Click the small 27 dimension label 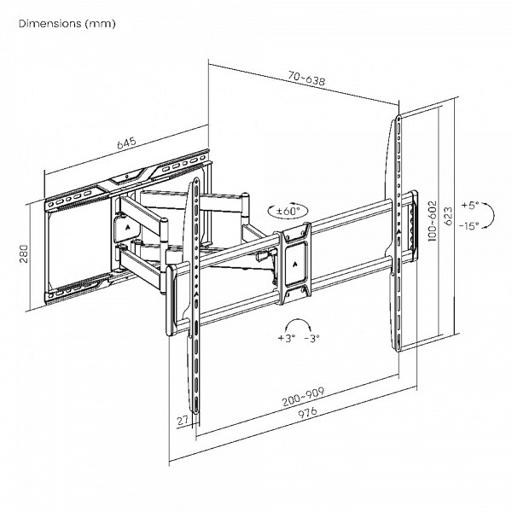[x=180, y=419]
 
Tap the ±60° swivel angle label [x=291, y=210]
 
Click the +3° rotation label [x=286, y=339]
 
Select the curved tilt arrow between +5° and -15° [x=458, y=215]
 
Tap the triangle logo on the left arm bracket [x=126, y=229]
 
